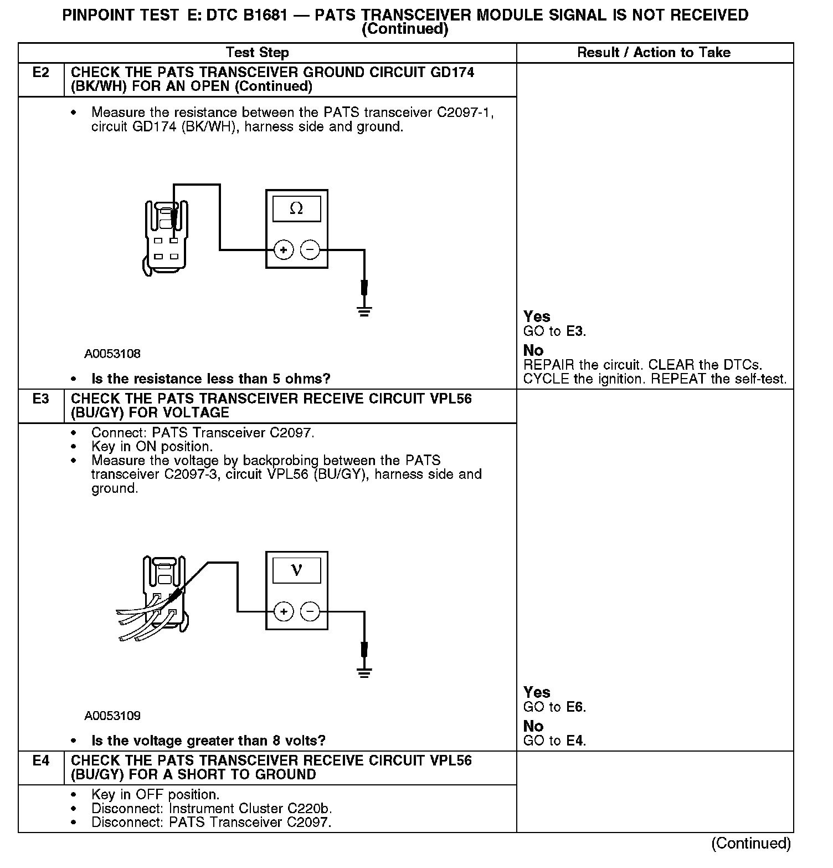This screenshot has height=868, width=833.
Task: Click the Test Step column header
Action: pos(257,53)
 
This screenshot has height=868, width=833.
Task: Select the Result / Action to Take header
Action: pos(654,53)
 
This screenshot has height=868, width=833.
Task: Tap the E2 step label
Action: pos(41,73)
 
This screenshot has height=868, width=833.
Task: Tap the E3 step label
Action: pos(41,399)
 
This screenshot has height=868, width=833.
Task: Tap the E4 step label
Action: pos(41,760)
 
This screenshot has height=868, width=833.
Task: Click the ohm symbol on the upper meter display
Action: pos(296,208)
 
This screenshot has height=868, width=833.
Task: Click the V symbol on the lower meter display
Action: pos(296,570)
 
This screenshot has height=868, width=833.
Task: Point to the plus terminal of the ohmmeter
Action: pos(284,251)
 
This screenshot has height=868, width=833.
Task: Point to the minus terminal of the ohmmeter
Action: pos(310,251)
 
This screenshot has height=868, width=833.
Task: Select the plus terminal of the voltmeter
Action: pos(284,612)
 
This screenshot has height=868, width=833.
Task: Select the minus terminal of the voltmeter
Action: pos(310,612)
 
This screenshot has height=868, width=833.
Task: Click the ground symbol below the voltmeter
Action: pos(364,672)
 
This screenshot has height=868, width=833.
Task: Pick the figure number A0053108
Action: pos(112,354)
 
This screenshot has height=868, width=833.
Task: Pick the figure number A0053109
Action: pos(112,716)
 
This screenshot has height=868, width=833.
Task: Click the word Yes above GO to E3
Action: pos(537,316)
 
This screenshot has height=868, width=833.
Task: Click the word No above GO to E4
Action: pos(533,726)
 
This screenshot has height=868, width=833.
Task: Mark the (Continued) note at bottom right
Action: pos(751,843)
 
